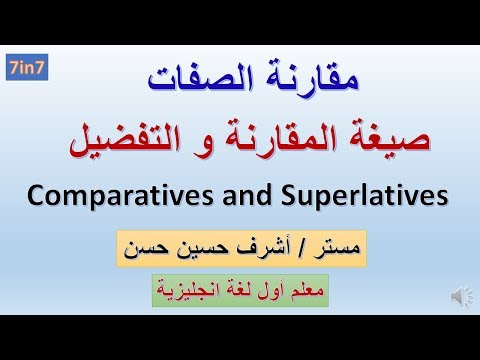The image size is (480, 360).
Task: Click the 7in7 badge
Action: coord(27,67)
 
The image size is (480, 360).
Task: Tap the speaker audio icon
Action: coord(462,295)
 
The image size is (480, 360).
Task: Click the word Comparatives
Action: coord(120,196)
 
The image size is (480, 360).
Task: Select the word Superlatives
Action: coord(364,196)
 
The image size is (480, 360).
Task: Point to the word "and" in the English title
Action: coord(247,196)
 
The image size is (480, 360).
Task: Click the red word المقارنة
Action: coord(280,139)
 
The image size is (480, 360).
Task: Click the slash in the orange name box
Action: coord(299,249)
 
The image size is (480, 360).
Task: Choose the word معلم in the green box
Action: coord(307,291)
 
